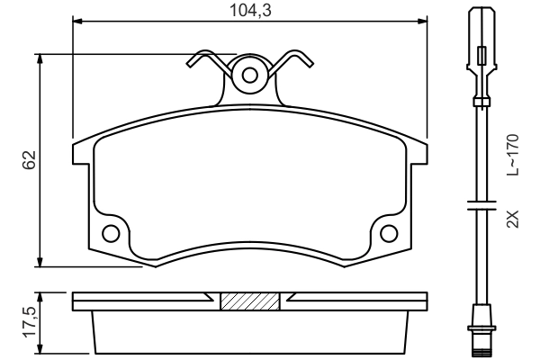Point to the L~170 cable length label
click(513, 154)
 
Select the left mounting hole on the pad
click(111, 234)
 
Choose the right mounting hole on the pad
click(389, 234)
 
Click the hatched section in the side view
click(249, 301)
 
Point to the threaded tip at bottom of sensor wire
click(481, 344)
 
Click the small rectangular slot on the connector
click(481, 56)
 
